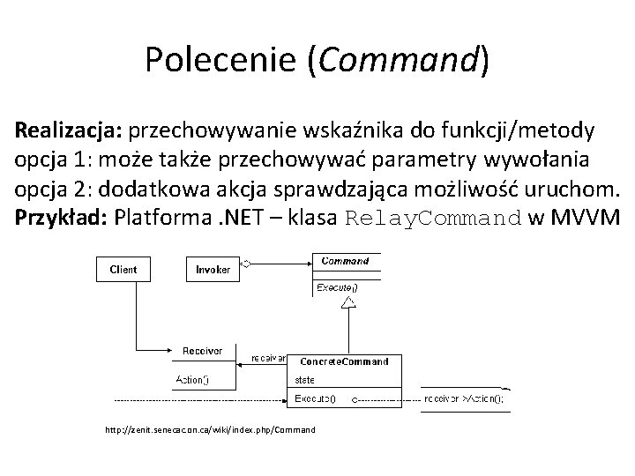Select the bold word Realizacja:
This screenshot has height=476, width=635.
click(x=69, y=131)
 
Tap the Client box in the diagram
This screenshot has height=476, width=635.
click(x=123, y=268)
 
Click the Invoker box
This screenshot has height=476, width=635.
click(x=213, y=268)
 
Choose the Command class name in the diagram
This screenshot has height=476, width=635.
click(x=345, y=261)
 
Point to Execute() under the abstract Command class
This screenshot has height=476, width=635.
click(x=337, y=287)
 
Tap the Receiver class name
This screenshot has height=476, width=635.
click(x=202, y=351)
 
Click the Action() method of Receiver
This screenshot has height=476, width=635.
click(x=194, y=381)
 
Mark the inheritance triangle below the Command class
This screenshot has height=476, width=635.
click(x=349, y=302)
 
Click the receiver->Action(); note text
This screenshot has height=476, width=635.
click(x=464, y=399)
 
